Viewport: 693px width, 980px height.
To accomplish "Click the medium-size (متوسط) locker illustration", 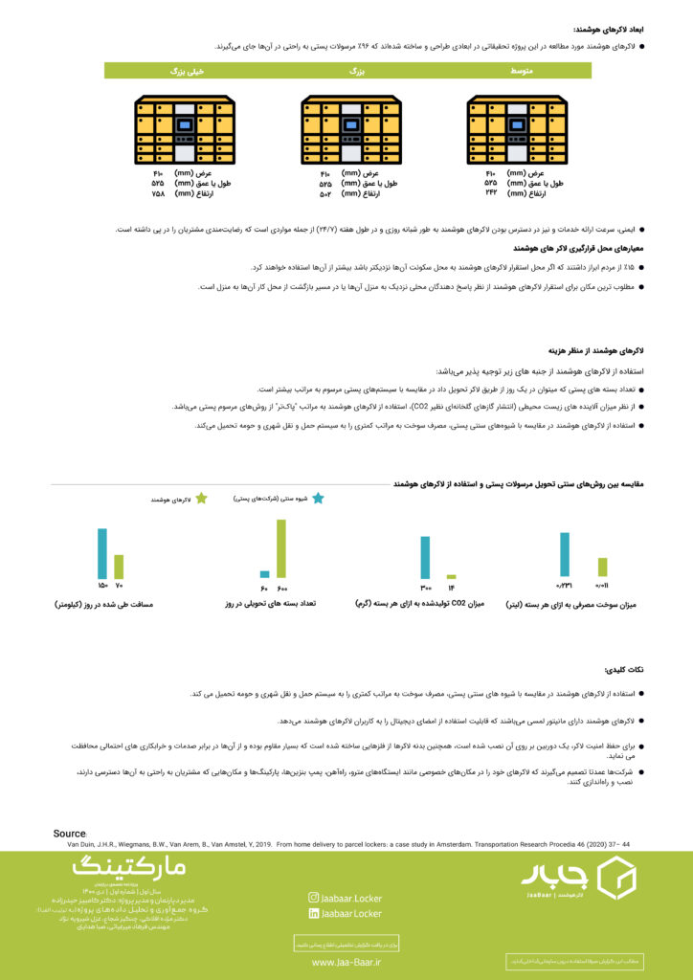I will click(517, 131).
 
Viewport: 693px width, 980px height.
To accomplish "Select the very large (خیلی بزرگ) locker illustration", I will click(185, 131).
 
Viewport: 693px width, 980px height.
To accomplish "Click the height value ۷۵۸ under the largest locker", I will click(158, 193).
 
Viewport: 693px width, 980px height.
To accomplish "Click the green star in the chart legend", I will click(201, 499).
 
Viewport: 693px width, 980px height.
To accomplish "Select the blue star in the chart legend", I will click(318, 499).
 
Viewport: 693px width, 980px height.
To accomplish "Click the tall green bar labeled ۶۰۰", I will click(281, 548).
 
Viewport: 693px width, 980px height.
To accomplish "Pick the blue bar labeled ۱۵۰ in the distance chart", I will click(102, 553).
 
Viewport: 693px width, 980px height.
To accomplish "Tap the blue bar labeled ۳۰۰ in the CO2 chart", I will click(425, 557).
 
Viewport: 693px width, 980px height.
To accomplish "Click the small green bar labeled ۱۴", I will click(451, 576).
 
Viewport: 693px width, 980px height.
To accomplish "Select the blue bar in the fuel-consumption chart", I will click(565, 555).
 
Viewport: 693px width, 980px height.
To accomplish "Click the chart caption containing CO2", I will click(434, 604).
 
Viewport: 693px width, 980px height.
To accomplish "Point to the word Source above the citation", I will click(70, 835).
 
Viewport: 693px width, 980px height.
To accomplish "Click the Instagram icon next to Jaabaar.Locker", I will click(313, 898).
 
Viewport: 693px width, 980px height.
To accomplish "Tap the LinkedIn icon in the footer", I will click(313, 914).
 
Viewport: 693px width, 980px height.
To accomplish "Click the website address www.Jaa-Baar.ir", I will click(346, 963).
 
